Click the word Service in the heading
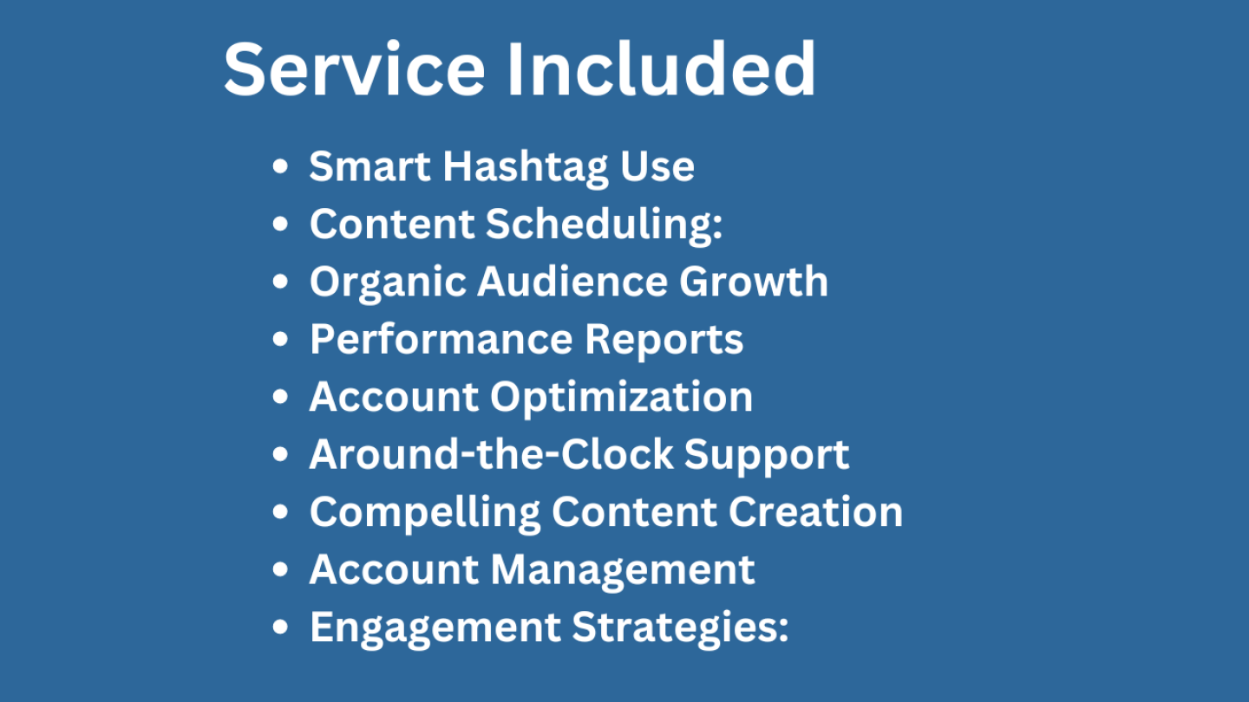pos(354,69)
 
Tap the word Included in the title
pos(662,69)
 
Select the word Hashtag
pos(526,168)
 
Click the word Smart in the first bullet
pos(369,166)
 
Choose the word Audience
pos(572,282)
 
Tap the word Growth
pos(753,282)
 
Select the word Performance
pos(441,339)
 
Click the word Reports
pos(664,341)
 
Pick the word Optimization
pos(621,399)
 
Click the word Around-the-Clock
pos(491,454)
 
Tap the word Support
pos(767,456)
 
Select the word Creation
pos(815,511)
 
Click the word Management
pos(623,572)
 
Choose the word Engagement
pos(435,629)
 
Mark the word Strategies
pos(680,629)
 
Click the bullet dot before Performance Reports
pos(280,339)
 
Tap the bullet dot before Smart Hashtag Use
pos(280,166)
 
